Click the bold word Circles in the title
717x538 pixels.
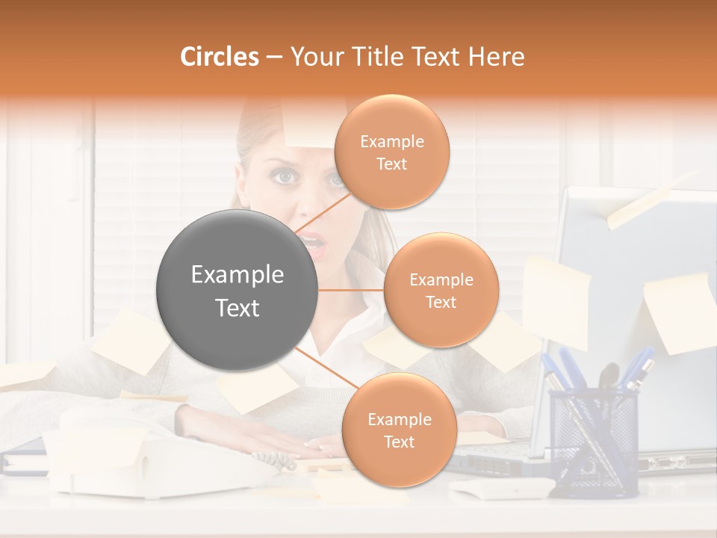(220, 57)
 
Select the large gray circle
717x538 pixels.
(237, 291)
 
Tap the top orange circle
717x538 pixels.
(391, 152)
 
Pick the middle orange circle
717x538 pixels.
(441, 290)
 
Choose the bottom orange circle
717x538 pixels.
(399, 430)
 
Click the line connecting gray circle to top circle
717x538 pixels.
(323, 208)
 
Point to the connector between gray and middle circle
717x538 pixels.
(350, 290)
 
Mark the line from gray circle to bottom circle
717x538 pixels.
(322, 371)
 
